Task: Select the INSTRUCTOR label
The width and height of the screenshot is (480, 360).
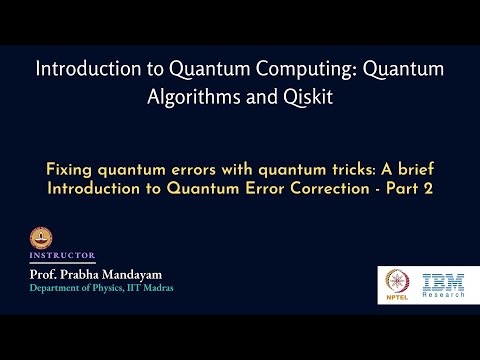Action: [x=64, y=255]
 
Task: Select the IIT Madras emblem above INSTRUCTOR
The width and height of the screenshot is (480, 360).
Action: [x=40, y=239]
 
